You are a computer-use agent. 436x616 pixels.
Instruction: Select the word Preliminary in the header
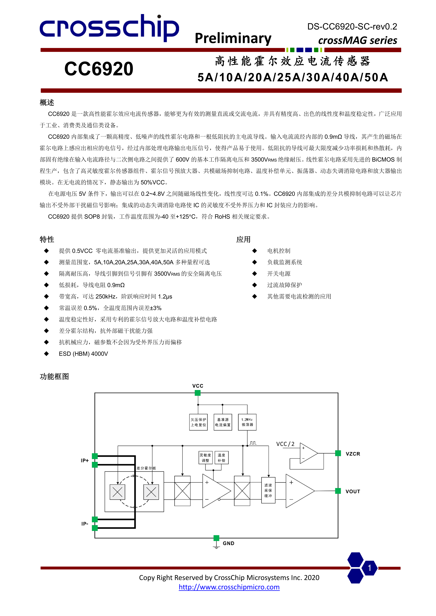click(x=233, y=38)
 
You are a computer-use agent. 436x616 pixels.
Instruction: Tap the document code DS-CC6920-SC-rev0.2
click(x=352, y=27)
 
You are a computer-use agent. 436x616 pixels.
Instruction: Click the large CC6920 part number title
click(x=99, y=69)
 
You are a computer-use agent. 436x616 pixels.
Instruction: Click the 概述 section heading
click(x=47, y=103)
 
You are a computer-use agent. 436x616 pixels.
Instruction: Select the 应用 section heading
click(x=243, y=239)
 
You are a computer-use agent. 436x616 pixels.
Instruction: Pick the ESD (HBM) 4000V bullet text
click(x=83, y=354)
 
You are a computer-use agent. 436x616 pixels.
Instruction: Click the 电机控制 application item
click(x=279, y=251)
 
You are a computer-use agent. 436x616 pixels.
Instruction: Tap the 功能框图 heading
click(x=54, y=376)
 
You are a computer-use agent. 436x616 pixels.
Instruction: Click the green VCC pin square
click(x=198, y=393)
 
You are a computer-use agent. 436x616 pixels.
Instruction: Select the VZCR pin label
click(x=353, y=454)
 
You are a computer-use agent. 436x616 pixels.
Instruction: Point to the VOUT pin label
click(x=353, y=492)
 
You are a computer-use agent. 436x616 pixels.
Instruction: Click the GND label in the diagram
click(x=228, y=543)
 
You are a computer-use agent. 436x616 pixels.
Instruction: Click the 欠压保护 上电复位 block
click(x=198, y=422)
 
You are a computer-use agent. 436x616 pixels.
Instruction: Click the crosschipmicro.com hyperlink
click(x=229, y=587)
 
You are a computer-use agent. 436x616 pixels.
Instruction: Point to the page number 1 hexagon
click(x=369, y=568)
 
